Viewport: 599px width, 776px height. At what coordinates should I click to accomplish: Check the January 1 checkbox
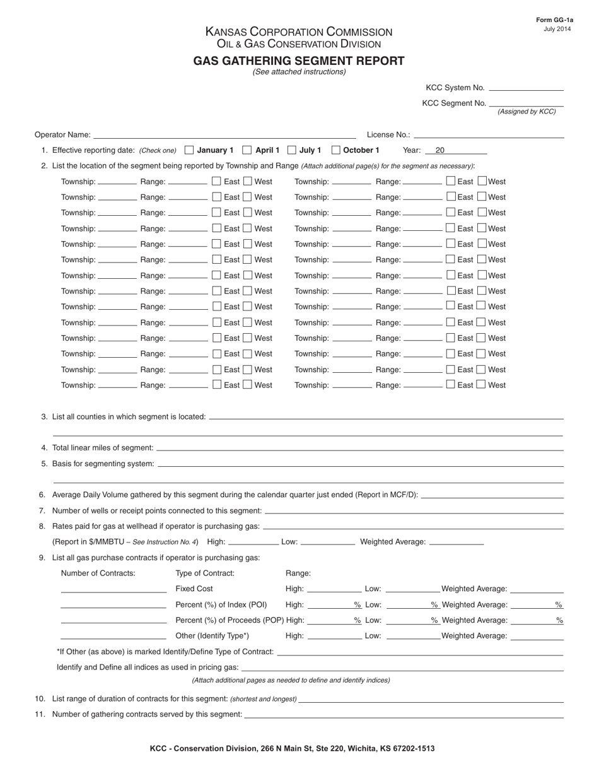(189, 150)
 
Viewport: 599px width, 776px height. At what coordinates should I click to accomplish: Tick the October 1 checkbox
(336, 150)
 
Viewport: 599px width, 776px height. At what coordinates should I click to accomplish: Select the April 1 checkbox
(247, 150)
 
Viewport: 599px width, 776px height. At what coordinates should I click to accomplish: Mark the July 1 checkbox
(292, 150)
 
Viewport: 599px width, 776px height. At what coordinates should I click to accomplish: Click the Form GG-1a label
(555, 20)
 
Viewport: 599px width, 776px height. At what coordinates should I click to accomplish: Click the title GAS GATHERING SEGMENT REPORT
(299, 61)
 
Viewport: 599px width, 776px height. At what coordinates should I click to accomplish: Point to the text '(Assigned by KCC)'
(526, 112)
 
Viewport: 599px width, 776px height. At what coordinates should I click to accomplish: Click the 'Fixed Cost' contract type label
(194, 589)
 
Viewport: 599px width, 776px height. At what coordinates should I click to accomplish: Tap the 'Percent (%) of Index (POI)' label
(221, 604)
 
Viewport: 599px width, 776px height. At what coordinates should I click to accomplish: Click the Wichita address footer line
(292, 749)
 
